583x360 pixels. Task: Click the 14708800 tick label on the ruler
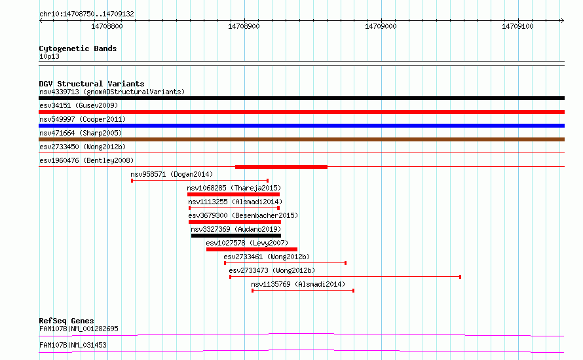pyautogui.click(x=107, y=26)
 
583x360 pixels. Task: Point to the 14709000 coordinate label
pyautogui.click(x=381, y=26)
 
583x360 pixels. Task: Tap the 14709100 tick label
pyautogui.click(x=517, y=26)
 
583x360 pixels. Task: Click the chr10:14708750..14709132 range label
pyautogui.click(x=86, y=14)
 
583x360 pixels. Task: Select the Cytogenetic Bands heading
pyautogui.click(x=78, y=48)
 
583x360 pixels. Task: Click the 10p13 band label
pyautogui.click(x=49, y=56)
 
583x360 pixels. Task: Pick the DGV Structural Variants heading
pyautogui.click(x=92, y=84)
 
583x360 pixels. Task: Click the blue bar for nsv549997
pyautogui.click(x=301, y=126)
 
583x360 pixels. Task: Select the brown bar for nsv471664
pyautogui.click(x=301, y=139)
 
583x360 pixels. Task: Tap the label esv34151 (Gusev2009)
pyautogui.click(x=79, y=105)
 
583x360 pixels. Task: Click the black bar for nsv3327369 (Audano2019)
pyautogui.click(x=236, y=236)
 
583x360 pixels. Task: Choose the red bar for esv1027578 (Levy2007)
pyautogui.click(x=252, y=249)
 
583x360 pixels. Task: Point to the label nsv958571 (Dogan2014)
pyautogui.click(x=172, y=174)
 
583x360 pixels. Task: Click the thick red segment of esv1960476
pyautogui.click(x=281, y=167)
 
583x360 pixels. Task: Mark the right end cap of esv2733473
pyautogui.click(x=461, y=277)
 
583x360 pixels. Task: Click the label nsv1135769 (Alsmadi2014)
pyautogui.click(x=298, y=284)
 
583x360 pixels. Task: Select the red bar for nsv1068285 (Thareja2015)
pyautogui.click(x=233, y=194)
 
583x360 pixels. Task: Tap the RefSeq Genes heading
pyautogui.click(x=66, y=321)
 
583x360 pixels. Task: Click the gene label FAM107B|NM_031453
pyautogui.click(x=73, y=345)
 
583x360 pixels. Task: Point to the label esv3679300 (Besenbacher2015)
pyautogui.click(x=243, y=215)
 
